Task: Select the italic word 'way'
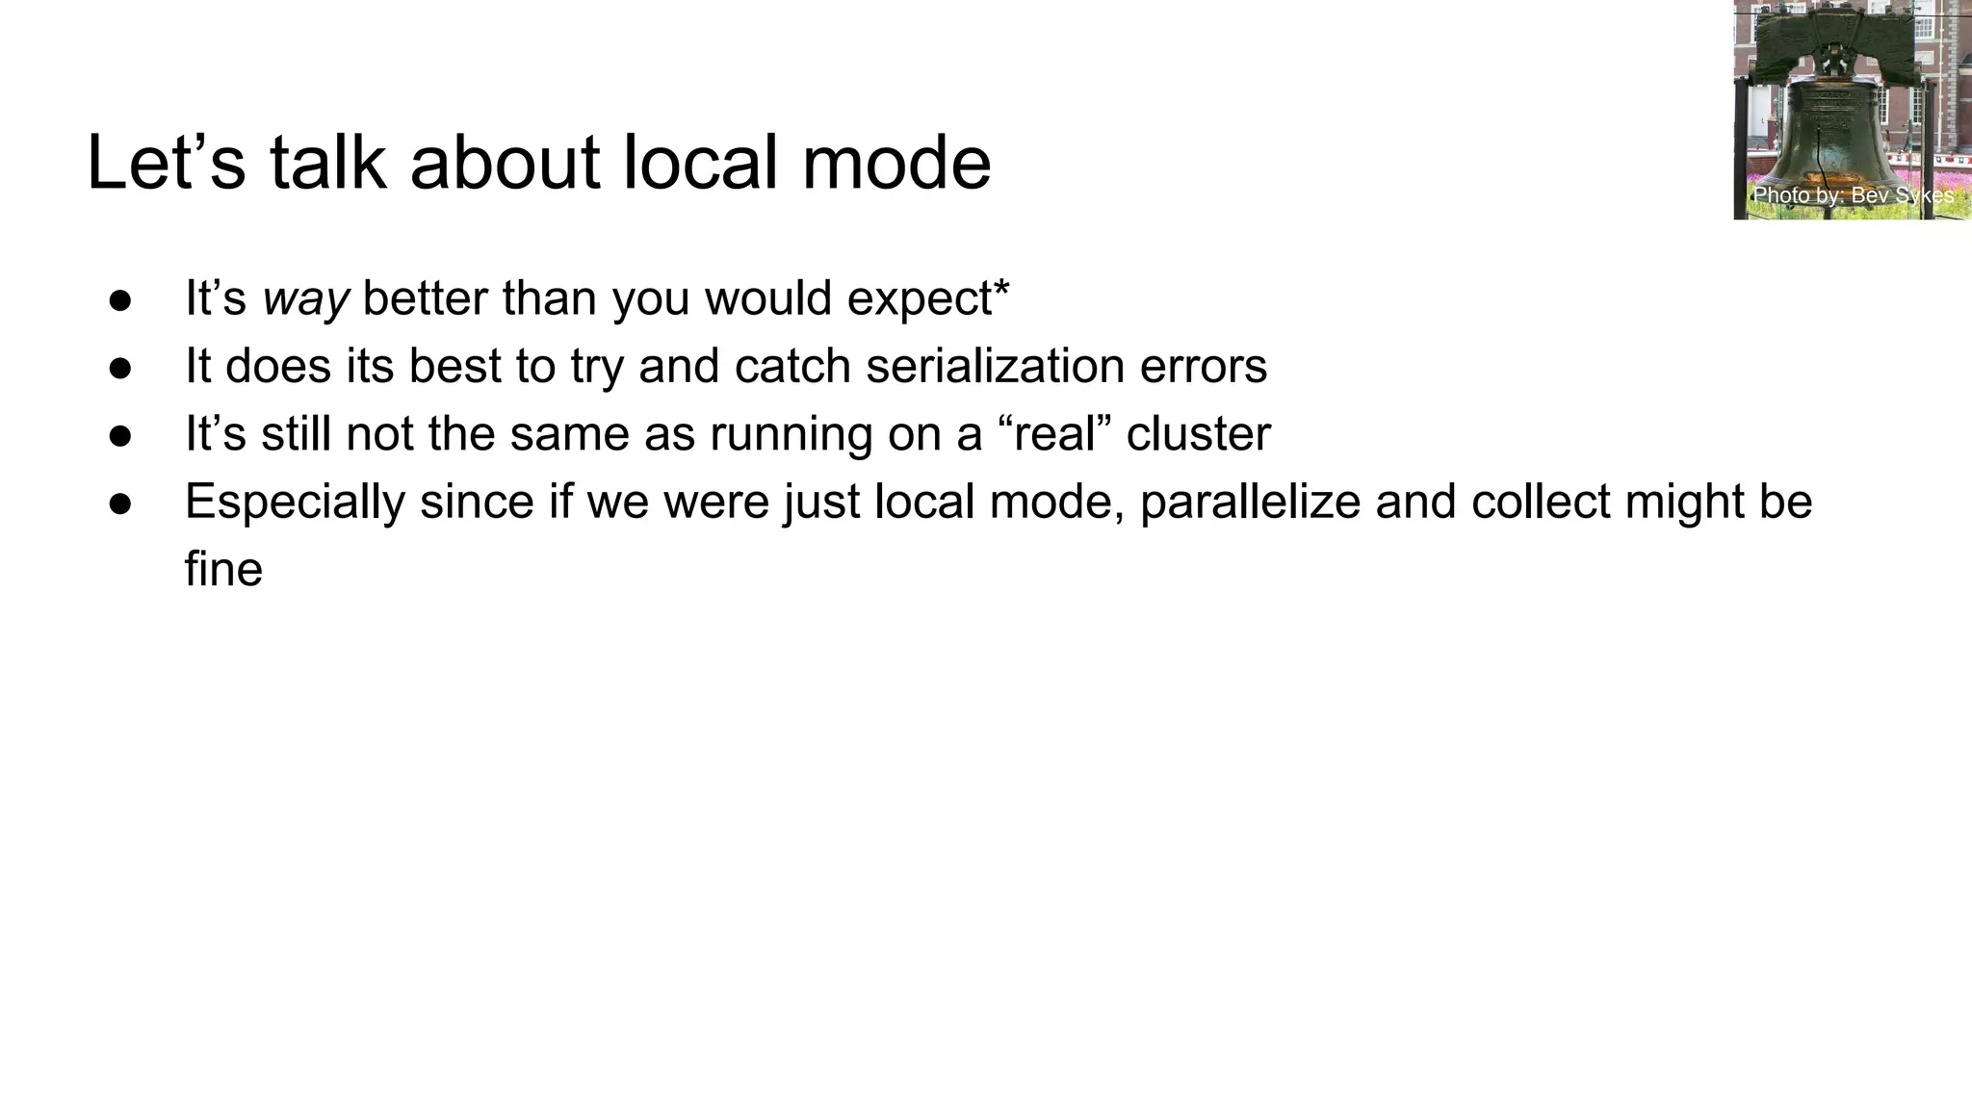(305, 299)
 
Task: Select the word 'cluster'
(1198, 434)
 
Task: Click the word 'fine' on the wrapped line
(223, 569)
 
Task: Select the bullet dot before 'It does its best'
(120, 368)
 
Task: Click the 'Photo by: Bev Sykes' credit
(1853, 195)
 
